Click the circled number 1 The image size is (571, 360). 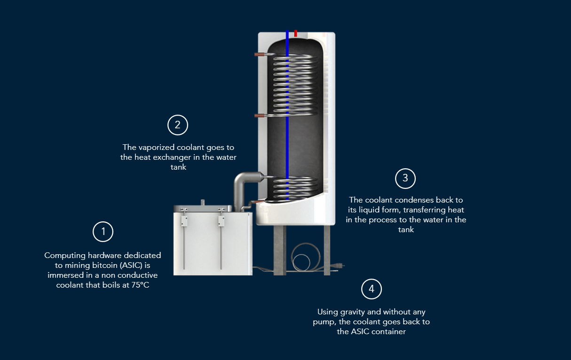(103, 232)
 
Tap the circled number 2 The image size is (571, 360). (178, 125)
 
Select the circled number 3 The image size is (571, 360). (405, 178)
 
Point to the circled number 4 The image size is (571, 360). (372, 289)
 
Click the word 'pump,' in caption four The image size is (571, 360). (324, 322)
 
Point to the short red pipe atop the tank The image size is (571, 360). (295, 33)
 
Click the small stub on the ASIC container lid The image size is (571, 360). (203, 203)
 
